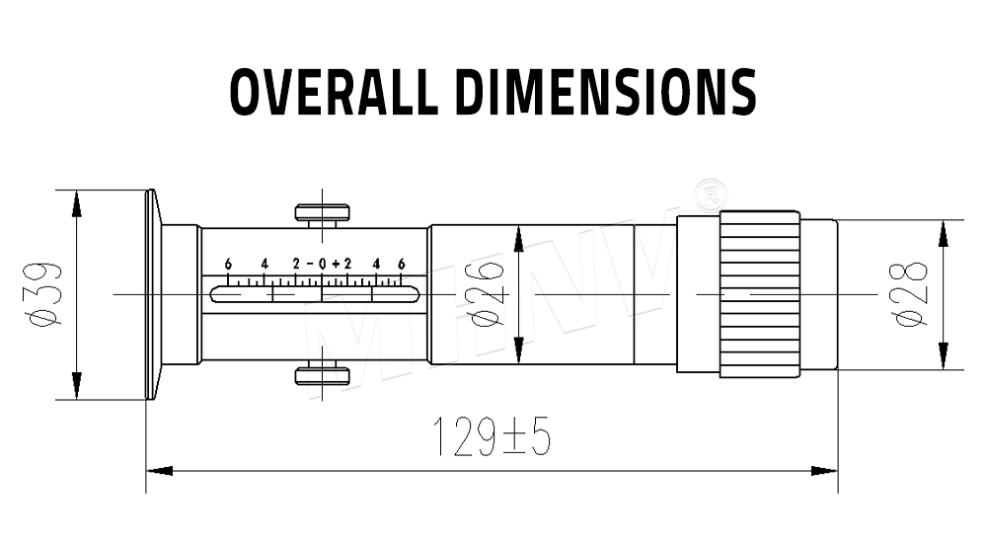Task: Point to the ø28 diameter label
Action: [909, 293]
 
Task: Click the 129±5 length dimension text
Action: [492, 436]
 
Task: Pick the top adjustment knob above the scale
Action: [322, 211]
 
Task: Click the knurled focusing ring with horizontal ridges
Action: [759, 293]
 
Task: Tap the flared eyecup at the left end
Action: [153, 293]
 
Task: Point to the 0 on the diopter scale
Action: [322, 264]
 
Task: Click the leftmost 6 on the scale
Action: [228, 264]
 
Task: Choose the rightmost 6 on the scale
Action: [402, 264]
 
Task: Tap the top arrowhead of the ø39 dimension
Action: [76, 203]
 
